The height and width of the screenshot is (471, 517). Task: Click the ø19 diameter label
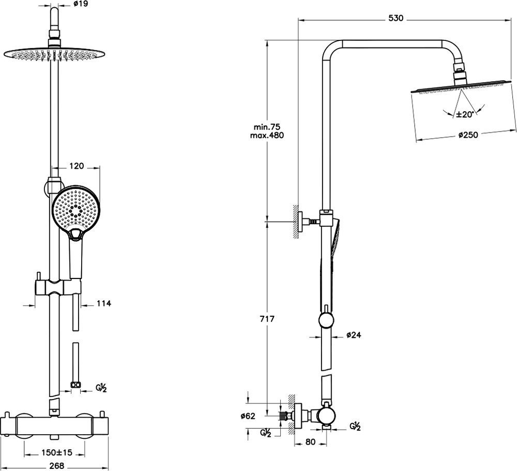pyautogui.click(x=81, y=4)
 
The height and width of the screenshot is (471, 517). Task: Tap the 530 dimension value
pyautogui.click(x=396, y=18)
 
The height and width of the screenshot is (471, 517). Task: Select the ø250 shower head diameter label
pyautogui.click(x=468, y=135)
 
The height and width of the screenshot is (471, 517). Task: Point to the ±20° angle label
pyautogui.click(x=465, y=114)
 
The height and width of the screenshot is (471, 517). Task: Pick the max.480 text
pyautogui.click(x=267, y=135)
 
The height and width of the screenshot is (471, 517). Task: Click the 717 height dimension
pyautogui.click(x=267, y=319)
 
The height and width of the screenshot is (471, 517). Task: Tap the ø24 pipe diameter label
pyautogui.click(x=354, y=335)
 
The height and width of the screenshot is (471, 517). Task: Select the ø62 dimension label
pyautogui.click(x=248, y=416)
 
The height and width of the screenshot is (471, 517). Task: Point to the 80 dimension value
pyautogui.click(x=310, y=441)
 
